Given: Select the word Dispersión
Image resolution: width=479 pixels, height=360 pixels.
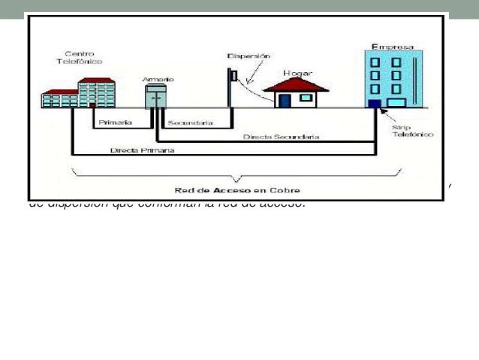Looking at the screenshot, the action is click(x=249, y=56).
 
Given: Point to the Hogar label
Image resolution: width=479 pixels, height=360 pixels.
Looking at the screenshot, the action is click(x=297, y=72).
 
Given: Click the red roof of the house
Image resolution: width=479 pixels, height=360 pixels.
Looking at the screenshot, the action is click(x=300, y=83).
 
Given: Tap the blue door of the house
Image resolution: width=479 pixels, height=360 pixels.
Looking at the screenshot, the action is click(x=285, y=100).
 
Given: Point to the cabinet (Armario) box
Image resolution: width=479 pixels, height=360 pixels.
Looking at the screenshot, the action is click(x=158, y=96).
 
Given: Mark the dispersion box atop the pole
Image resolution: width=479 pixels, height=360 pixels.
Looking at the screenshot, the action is click(x=233, y=74).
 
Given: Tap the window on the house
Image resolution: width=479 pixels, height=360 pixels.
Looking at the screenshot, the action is click(x=306, y=98).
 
